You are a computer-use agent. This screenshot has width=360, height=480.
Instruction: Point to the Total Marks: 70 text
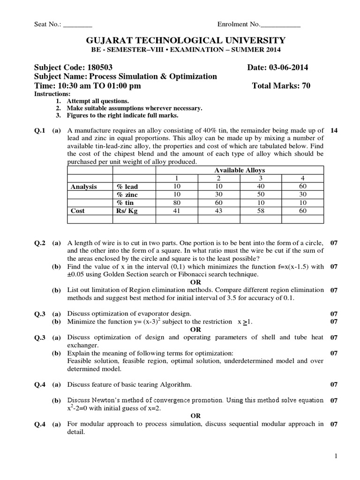281,85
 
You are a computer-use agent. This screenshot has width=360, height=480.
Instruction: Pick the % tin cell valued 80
176,202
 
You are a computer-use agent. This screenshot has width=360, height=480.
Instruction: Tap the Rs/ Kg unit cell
127,211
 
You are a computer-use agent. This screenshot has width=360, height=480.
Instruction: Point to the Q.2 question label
40,243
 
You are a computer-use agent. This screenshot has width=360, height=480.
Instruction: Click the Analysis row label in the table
84,187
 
